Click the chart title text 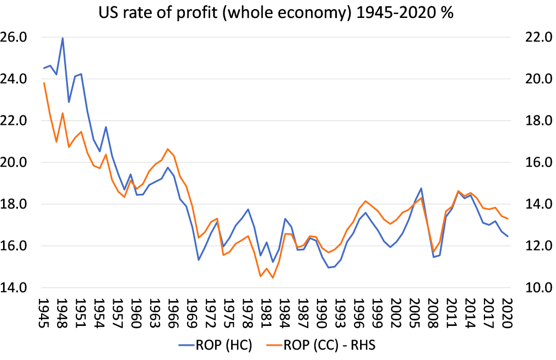[276, 13]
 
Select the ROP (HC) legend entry [215, 345]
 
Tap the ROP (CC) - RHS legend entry [321, 345]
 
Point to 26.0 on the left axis [14, 37]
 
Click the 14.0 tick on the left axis [14, 288]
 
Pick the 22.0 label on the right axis [538, 37]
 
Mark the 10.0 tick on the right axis [538, 288]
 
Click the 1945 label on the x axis [44, 313]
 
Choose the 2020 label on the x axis [508, 313]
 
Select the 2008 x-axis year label [434, 313]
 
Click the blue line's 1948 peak [62, 38]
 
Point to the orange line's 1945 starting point [44, 83]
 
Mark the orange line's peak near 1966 [168, 149]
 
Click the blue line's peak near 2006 [421, 188]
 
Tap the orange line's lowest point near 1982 [273, 278]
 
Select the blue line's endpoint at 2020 [508, 236]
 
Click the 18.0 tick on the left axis [14, 204]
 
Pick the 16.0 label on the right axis [538, 162]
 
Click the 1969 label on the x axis [192, 313]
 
